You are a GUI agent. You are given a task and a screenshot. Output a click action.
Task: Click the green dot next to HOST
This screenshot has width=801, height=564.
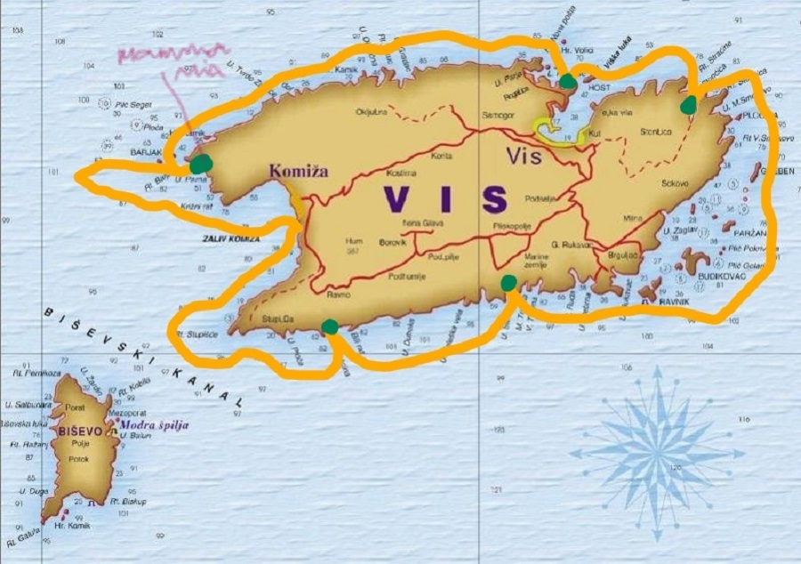[568, 82]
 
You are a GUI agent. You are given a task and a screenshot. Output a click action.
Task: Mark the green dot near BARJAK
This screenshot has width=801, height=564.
[203, 163]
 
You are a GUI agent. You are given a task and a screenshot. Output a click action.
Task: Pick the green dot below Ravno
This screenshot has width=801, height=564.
[329, 326]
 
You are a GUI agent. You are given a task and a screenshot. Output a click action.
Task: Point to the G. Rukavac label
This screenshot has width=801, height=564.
[573, 245]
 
